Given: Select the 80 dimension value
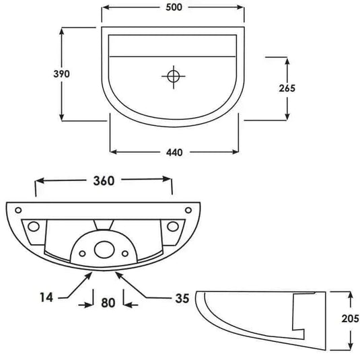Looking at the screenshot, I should click(106, 303).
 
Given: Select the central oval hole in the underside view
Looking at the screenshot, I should click(104, 250).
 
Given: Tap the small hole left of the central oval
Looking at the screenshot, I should click(81, 253).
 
